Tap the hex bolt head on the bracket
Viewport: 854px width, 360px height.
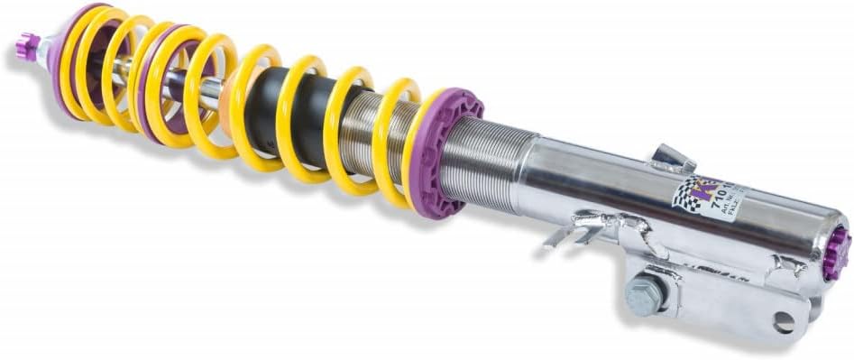coord(647,295)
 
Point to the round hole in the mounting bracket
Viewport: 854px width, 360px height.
coord(782,322)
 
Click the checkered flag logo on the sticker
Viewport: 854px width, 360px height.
coord(689,193)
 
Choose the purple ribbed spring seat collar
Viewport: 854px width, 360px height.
coord(448,153)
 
